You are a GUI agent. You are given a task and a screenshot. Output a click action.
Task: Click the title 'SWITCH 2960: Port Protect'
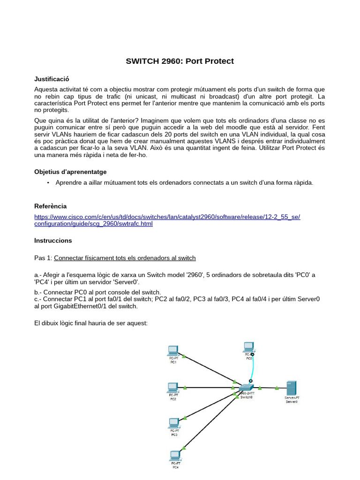tap(180, 61)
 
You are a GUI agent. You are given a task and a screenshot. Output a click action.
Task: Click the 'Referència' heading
tap(51, 206)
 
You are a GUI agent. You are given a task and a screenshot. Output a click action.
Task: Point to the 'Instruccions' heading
tap(53, 240)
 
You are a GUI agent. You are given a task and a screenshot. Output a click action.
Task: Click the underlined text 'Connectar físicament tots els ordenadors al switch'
tap(125, 258)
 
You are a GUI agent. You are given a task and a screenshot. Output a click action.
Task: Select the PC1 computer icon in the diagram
tap(173, 350)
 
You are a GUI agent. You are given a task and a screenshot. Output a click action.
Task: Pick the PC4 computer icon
tap(175, 455)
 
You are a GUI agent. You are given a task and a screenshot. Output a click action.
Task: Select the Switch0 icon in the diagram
tap(246, 388)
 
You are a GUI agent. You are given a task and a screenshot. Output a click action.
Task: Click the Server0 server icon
tap(291, 388)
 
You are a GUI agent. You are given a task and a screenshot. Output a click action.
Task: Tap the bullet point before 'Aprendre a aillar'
tap(48, 183)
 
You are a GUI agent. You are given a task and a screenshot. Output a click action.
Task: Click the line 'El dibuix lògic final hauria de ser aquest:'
tap(91, 323)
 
